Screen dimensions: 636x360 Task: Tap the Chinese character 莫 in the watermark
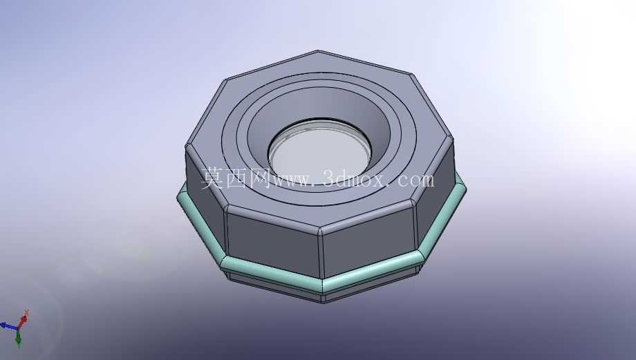pos(213,178)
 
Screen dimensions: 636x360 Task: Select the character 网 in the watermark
pos(260,178)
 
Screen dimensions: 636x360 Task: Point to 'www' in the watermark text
pos(292,180)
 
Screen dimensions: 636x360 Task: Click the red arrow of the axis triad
pos(23,319)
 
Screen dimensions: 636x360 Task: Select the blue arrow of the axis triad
pos(9,325)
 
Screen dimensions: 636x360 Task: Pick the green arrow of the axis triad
pos(18,337)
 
